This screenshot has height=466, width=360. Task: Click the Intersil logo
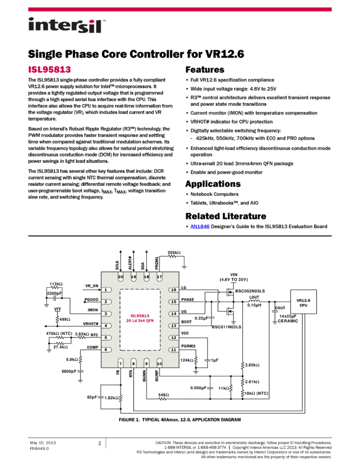pos(67,26)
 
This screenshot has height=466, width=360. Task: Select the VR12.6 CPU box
pos(303,302)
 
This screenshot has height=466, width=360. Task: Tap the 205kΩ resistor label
pos(174,253)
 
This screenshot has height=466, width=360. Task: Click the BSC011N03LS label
pos(226,326)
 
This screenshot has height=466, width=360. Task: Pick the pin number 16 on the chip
pos(174,289)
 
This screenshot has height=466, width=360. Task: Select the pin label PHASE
pos(188,300)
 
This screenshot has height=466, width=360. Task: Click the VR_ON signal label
pos(92,286)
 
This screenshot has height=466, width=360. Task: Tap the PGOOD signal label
pos(91,299)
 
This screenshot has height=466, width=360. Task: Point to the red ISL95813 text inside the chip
pos(140,316)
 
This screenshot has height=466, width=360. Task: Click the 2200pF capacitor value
pos(54,293)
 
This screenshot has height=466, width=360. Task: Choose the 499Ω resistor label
pos(65,319)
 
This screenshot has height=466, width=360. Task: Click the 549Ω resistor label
pos(163,395)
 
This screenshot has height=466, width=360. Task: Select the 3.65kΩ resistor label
pos(252,365)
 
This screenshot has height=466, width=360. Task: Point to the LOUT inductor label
pos(254,298)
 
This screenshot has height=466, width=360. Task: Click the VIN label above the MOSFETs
pos(234,274)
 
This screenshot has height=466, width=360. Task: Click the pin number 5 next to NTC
pos(105,337)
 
